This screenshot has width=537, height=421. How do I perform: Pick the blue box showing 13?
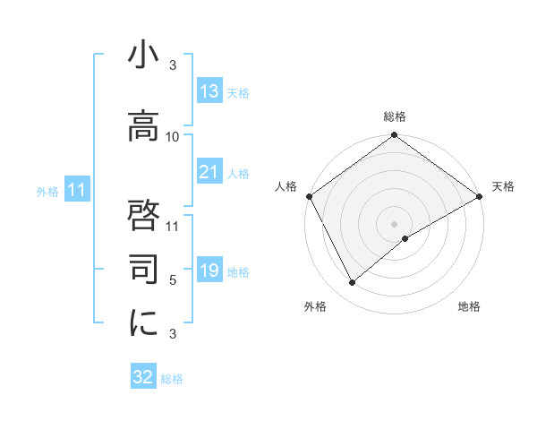[209, 91]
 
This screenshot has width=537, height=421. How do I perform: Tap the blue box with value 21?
[209, 172]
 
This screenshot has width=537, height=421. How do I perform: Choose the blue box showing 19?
[209, 271]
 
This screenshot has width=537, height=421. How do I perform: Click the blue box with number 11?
[77, 190]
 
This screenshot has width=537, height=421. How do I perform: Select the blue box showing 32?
[143, 377]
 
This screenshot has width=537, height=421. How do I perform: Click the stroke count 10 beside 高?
[173, 136]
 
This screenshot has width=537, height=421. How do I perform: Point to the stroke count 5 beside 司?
[173, 280]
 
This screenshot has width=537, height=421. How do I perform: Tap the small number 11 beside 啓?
[173, 224]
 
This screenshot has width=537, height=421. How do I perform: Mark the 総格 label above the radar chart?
[395, 116]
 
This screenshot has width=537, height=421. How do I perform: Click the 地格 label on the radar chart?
[469, 306]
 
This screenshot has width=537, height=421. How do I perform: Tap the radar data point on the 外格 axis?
[352, 283]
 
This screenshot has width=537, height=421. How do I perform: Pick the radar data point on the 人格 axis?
[309, 196]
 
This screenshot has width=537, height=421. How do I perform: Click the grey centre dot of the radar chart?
[395, 223]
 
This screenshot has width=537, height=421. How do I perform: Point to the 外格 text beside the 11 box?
[47, 191]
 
